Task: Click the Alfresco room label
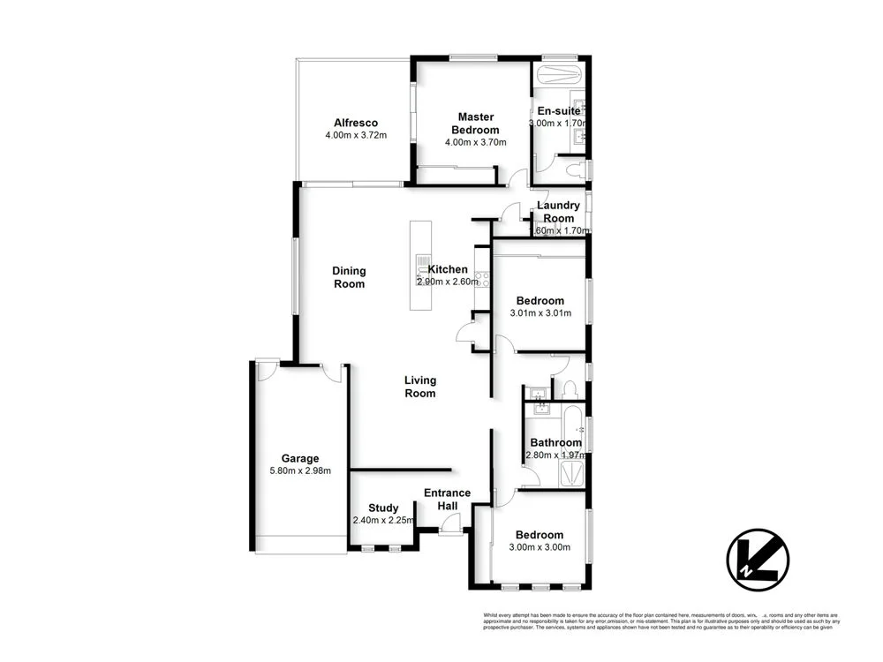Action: click(356, 123)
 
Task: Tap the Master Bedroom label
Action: click(475, 123)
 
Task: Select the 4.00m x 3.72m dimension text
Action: click(356, 136)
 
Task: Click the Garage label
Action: click(300, 458)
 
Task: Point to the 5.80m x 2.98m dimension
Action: click(300, 470)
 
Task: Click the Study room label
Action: click(383, 508)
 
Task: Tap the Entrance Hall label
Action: click(447, 499)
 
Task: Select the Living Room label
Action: click(420, 387)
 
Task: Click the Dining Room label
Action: click(349, 277)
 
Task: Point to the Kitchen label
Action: click(448, 269)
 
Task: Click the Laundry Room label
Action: click(558, 212)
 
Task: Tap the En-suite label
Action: click(559, 111)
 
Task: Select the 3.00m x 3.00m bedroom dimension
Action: click(539, 547)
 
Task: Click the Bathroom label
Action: click(555, 442)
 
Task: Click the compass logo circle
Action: click(757, 559)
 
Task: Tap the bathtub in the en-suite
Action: click(559, 72)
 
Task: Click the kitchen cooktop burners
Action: click(482, 280)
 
